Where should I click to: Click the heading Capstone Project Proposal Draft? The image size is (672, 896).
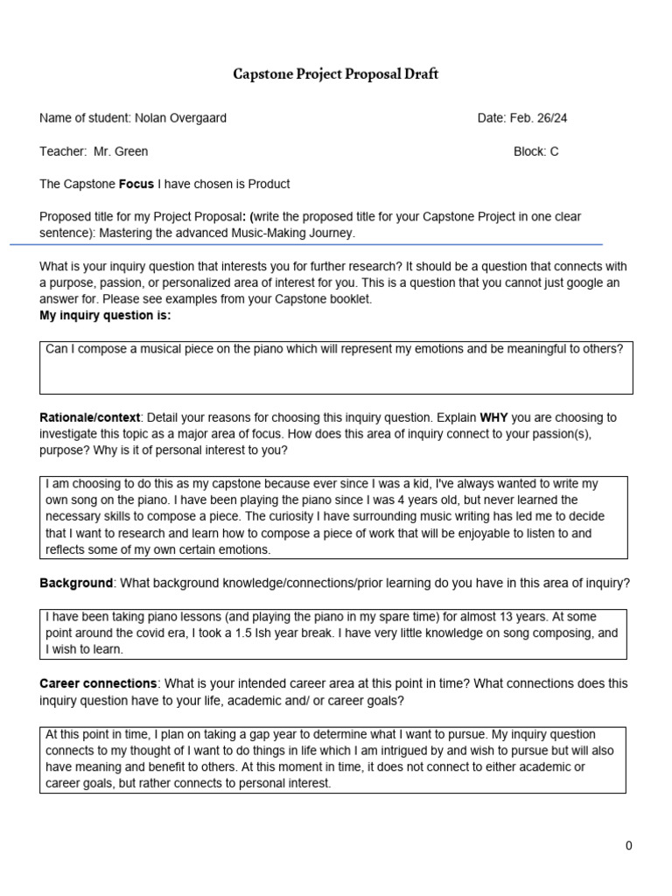click(x=335, y=74)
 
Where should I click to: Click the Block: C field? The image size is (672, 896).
click(x=535, y=151)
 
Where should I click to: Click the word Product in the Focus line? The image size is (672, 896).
click(x=269, y=185)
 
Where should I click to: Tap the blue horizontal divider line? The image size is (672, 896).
click(x=306, y=245)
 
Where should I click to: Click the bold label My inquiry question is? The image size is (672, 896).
click(x=105, y=315)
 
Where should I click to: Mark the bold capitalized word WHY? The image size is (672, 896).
click(x=494, y=417)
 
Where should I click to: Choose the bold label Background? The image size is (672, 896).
click(x=76, y=583)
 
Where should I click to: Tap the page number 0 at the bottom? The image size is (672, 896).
click(x=628, y=845)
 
